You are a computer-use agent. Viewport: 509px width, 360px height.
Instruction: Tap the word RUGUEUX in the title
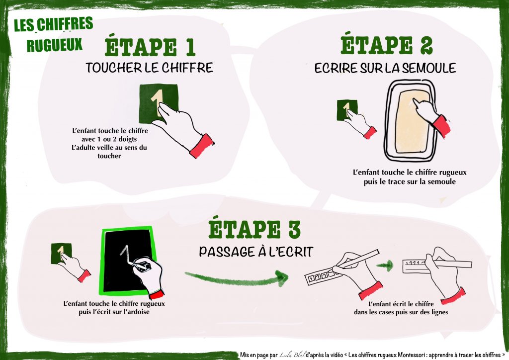(54, 45)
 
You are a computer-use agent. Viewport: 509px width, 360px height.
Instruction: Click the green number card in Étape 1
(159, 104)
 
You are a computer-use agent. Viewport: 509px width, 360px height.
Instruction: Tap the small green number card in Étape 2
(347, 110)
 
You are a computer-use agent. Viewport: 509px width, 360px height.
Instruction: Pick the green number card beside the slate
(61, 253)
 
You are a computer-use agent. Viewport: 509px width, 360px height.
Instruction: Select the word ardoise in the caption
(138, 312)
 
